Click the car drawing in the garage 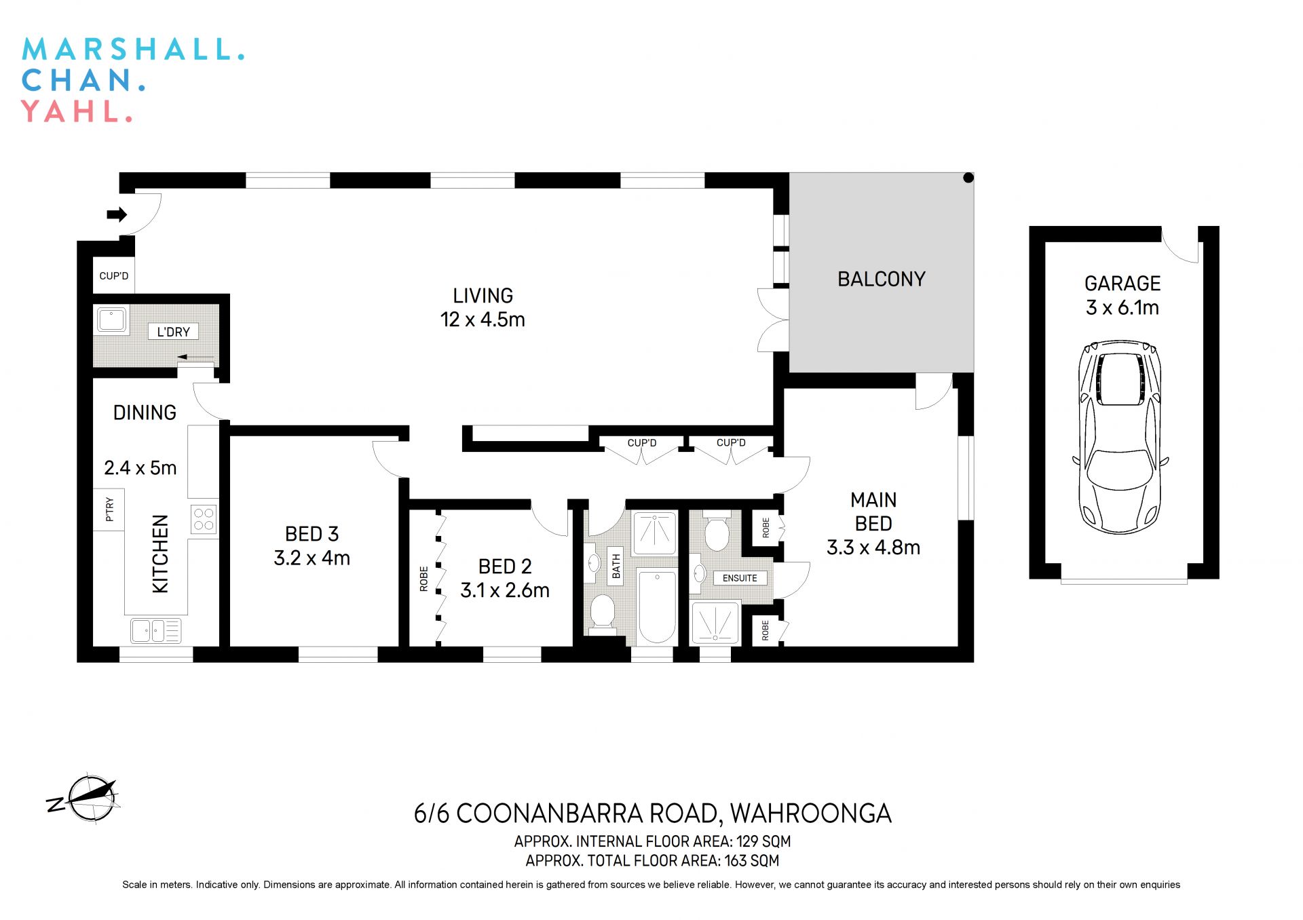tap(1120, 438)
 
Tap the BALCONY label tap(881, 279)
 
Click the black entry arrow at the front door tap(117, 215)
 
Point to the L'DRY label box tap(173, 332)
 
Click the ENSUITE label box tap(739, 578)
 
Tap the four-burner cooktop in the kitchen tap(204, 519)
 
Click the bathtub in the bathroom tap(657, 607)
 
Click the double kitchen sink tap(156, 630)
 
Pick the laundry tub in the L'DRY tap(111, 320)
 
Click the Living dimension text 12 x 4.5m tap(483, 320)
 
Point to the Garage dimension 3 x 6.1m tap(1122, 308)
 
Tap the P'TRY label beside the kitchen tap(109, 509)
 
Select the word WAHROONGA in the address tap(810, 813)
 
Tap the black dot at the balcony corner tap(968, 178)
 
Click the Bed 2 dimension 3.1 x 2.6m tap(504, 590)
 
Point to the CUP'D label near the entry tap(113, 276)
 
